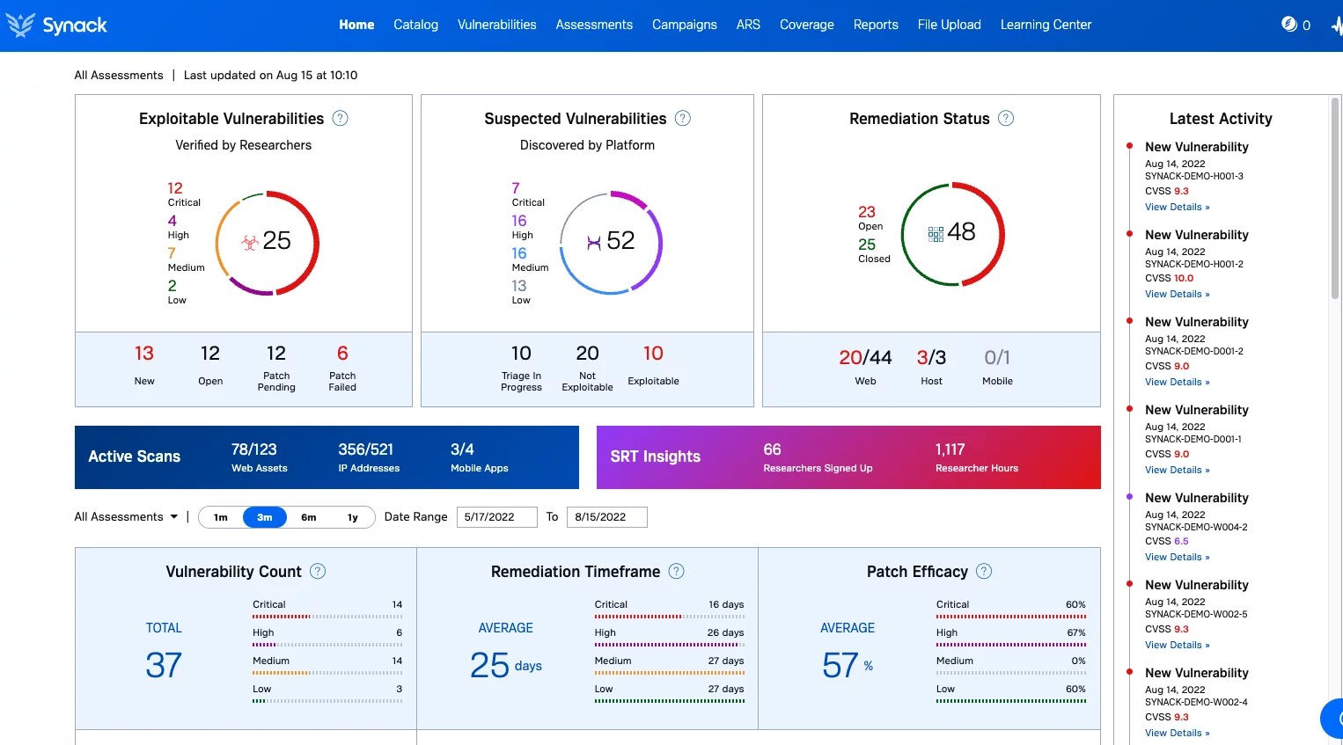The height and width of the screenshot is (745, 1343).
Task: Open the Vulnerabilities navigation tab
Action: coord(496,25)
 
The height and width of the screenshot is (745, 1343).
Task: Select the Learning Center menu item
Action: coord(1046,25)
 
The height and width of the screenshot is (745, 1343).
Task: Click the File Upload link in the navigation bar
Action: coord(949,25)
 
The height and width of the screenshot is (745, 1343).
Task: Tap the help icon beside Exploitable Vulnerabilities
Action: coord(340,118)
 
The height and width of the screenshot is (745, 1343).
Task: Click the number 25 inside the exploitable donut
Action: coord(276,240)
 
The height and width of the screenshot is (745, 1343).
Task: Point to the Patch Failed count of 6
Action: coord(342,354)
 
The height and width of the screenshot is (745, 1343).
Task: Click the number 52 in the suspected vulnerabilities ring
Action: coord(620,240)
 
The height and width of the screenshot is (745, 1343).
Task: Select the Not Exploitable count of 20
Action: coord(587,354)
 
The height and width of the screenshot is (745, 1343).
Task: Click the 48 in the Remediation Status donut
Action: coord(961,231)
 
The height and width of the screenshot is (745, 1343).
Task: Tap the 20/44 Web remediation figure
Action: coord(865,358)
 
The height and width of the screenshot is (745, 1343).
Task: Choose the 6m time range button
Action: coord(309,517)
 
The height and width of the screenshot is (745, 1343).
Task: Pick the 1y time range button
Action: coord(353,517)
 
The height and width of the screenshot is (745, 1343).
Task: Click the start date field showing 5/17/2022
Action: coord(496,517)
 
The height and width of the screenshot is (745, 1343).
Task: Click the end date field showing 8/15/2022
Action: coord(606,517)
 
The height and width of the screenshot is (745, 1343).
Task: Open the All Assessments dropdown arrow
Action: coord(174,517)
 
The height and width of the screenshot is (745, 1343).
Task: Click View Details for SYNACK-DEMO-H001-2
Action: coord(1177,295)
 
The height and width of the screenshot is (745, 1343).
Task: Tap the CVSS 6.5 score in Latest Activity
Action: coord(1180,542)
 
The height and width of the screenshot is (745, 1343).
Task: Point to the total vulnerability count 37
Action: coord(164,665)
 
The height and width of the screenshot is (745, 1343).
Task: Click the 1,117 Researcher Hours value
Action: coord(950,449)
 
